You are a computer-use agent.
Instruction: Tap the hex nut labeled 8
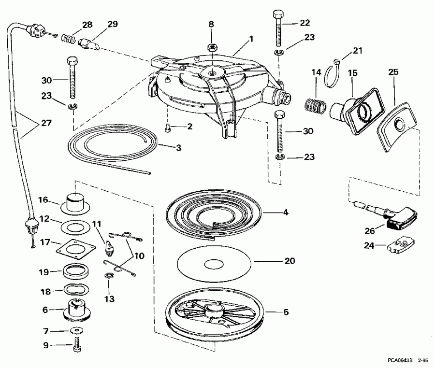pos(211,47)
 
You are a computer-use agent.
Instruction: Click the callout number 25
pos(394,72)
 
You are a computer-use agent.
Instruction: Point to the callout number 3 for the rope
pos(178,147)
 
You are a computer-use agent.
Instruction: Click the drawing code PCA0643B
pos(399,360)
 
